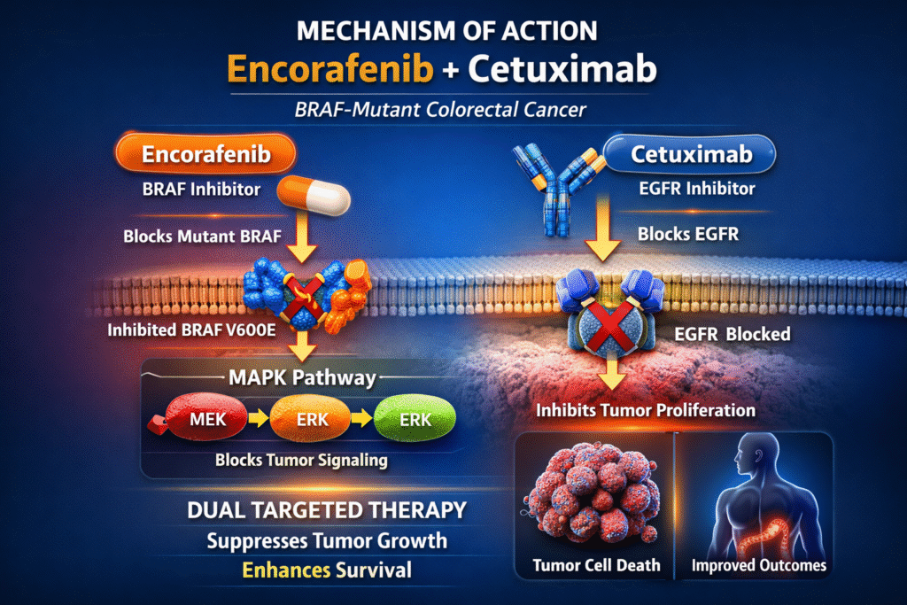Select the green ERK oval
(415, 420)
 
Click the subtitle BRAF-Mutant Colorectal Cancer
(453, 112)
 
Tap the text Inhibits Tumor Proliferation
(646, 410)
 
